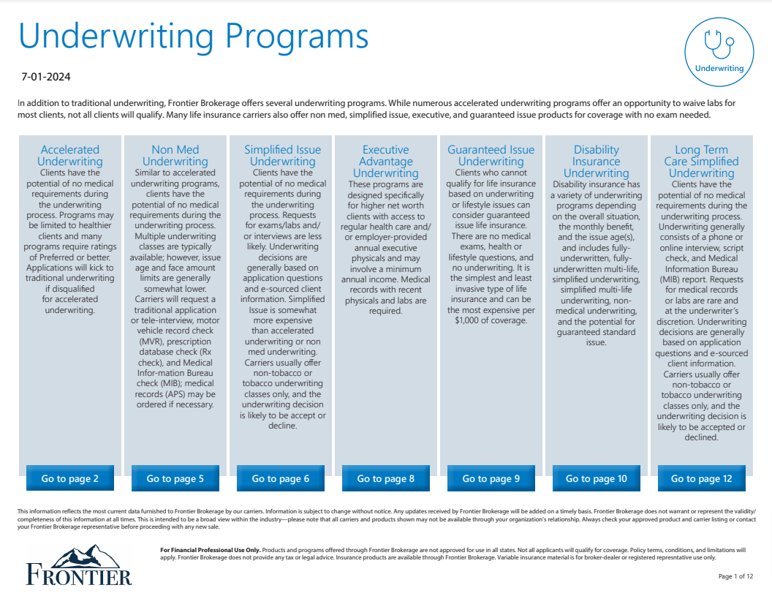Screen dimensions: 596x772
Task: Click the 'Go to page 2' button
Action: tap(70, 479)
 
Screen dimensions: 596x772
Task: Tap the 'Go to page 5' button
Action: tap(175, 479)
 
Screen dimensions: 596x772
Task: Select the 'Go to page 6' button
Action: tap(281, 479)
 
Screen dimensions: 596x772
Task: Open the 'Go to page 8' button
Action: tap(386, 479)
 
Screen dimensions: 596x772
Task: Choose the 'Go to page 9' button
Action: tap(491, 479)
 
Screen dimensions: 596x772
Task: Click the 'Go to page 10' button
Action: tap(597, 479)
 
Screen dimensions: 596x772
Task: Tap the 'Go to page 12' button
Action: tap(702, 479)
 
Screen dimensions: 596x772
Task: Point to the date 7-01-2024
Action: tap(46, 77)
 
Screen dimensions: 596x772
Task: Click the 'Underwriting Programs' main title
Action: tap(194, 35)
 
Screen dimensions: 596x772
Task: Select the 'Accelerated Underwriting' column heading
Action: tap(70, 155)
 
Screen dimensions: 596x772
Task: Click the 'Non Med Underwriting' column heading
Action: tap(175, 155)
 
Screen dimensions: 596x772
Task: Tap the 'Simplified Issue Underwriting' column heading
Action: tap(282, 155)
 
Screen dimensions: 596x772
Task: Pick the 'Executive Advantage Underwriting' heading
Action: tap(386, 161)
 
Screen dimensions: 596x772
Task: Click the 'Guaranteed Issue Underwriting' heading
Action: tap(491, 155)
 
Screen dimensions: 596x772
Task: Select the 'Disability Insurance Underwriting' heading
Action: tap(597, 161)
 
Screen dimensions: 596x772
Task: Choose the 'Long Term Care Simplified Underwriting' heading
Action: tap(702, 161)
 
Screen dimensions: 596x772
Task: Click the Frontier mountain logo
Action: tap(79, 564)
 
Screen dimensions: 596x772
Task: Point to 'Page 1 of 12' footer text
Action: tap(735, 576)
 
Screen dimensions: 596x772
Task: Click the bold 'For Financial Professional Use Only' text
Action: tap(209, 549)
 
